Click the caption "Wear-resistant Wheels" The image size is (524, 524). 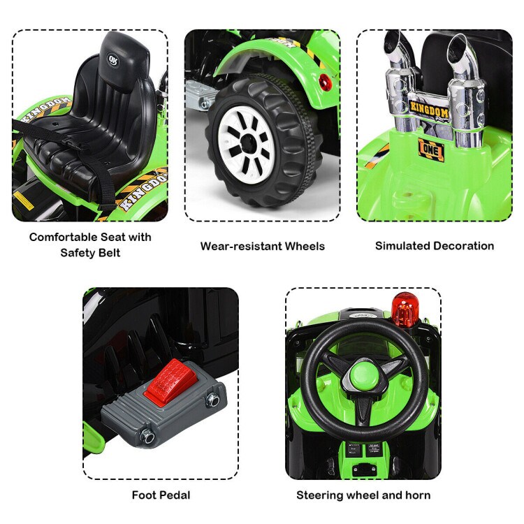point(262,246)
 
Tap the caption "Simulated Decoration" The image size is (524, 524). point(434,245)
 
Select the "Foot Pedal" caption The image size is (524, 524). point(161,495)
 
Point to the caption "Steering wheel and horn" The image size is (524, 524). point(363,495)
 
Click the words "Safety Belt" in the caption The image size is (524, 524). point(90,252)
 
